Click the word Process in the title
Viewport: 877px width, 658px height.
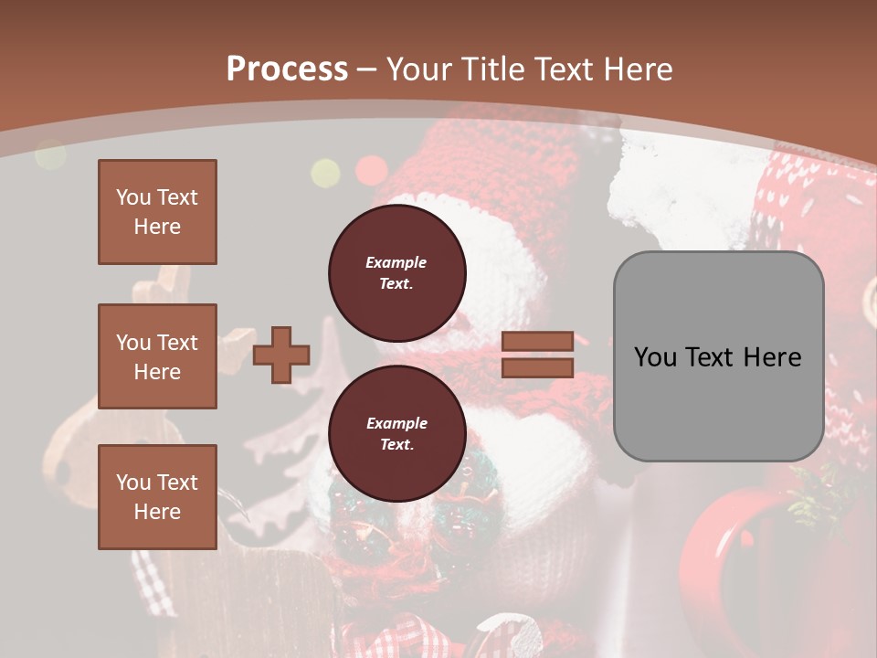287,69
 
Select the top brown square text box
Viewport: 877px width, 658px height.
157,212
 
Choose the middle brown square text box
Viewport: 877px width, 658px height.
157,356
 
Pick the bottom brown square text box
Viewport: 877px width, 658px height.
157,496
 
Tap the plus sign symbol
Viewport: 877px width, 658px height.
281,355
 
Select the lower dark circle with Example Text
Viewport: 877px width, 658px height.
396,433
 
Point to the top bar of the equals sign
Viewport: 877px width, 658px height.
537,341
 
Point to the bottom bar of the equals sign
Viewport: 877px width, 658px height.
537,367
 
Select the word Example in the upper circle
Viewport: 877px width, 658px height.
396,262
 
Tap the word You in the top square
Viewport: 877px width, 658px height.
133,197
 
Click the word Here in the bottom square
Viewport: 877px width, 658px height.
157,512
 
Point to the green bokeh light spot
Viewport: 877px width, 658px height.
325,172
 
